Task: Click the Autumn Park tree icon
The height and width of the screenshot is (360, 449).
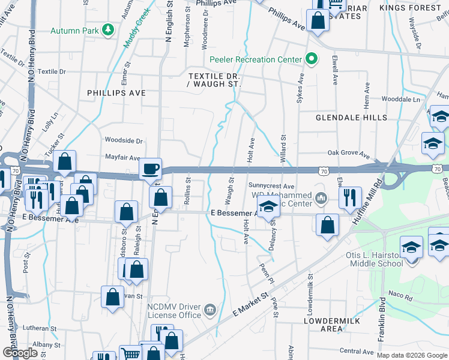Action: (x=108, y=30)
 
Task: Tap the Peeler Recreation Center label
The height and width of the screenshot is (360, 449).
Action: (x=255, y=59)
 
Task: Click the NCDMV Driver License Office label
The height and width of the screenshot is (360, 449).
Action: (x=175, y=310)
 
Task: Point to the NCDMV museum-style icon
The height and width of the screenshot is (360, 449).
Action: (x=210, y=310)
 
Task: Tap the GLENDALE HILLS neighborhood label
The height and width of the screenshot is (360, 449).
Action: (x=352, y=118)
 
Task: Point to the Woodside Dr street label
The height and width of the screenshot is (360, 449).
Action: (x=124, y=140)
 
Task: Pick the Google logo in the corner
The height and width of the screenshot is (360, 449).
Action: (x=20, y=352)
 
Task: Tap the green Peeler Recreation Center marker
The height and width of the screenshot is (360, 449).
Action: (x=311, y=59)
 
